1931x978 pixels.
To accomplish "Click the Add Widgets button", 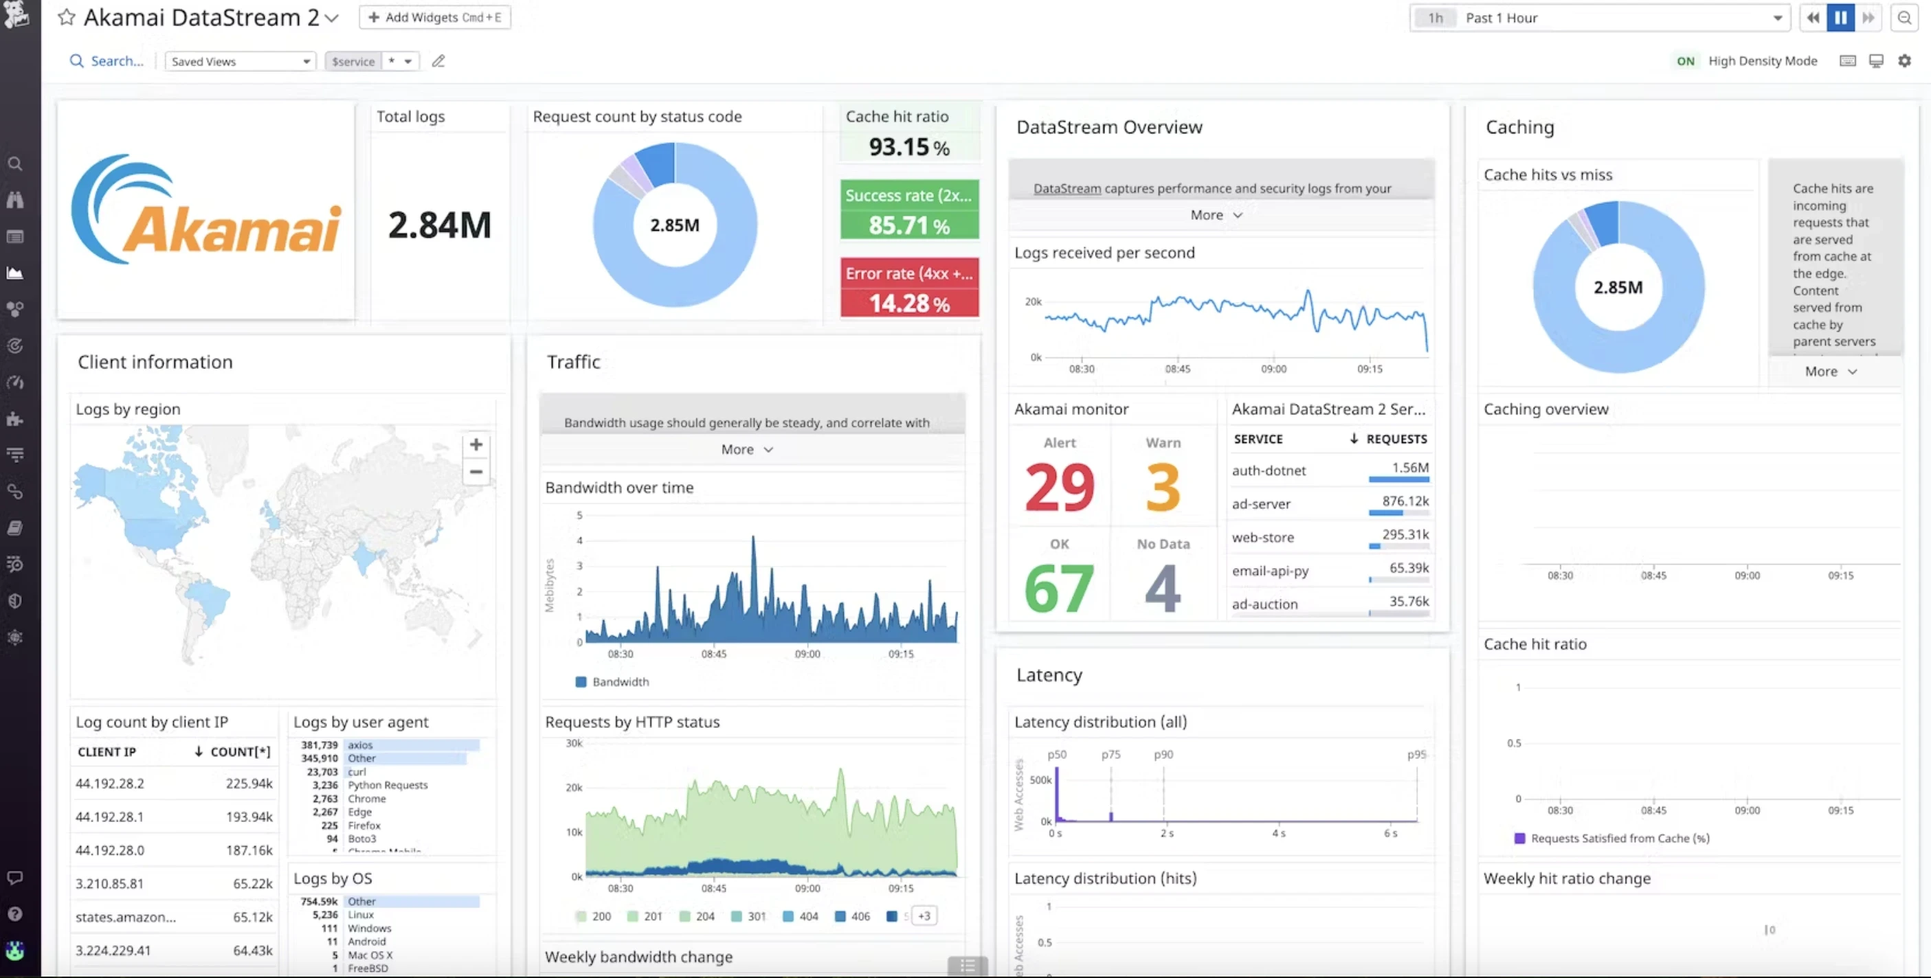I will point(435,17).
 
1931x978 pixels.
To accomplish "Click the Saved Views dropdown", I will point(240,61).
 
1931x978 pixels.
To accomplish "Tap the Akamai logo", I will point(206,212).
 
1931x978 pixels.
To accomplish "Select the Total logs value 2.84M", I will point(439,225).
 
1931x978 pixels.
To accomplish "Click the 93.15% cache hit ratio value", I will point(908,147).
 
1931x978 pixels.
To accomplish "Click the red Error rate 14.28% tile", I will point(909,288).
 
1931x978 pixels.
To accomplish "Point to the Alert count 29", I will point(1059,487).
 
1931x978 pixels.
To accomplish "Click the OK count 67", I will point(1058,589).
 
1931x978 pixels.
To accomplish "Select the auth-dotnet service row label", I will point(1269,470).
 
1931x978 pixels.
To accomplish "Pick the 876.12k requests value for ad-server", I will point(1405,501).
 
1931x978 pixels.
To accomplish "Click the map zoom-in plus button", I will point(476,444).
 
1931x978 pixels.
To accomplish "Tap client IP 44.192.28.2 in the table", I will point(109,783).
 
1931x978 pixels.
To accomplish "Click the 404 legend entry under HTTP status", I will point(801,916).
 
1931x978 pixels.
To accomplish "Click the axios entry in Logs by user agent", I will point(360,745).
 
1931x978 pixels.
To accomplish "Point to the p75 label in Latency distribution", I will point(1110,755).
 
